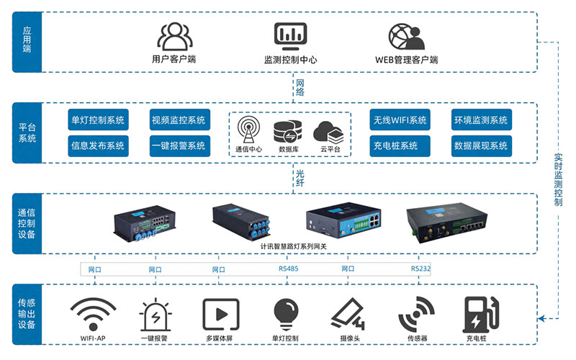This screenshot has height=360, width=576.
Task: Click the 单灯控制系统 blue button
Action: point(97,120)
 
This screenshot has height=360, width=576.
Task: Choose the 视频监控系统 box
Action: point(179,120)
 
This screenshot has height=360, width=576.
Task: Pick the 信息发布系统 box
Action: point(97,145)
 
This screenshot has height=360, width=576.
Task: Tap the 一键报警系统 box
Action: point(179,145)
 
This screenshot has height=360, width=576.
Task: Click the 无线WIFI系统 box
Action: point(400,120)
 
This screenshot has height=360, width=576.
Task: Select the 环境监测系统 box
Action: point(481,120)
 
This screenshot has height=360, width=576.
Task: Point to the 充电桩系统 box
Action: point(400,145)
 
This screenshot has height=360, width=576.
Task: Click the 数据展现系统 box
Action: point(481,145)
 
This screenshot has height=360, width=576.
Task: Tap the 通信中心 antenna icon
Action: point(248,130)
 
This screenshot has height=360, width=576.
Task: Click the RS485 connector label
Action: point(288,269)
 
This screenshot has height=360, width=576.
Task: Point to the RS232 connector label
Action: point(421,269)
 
